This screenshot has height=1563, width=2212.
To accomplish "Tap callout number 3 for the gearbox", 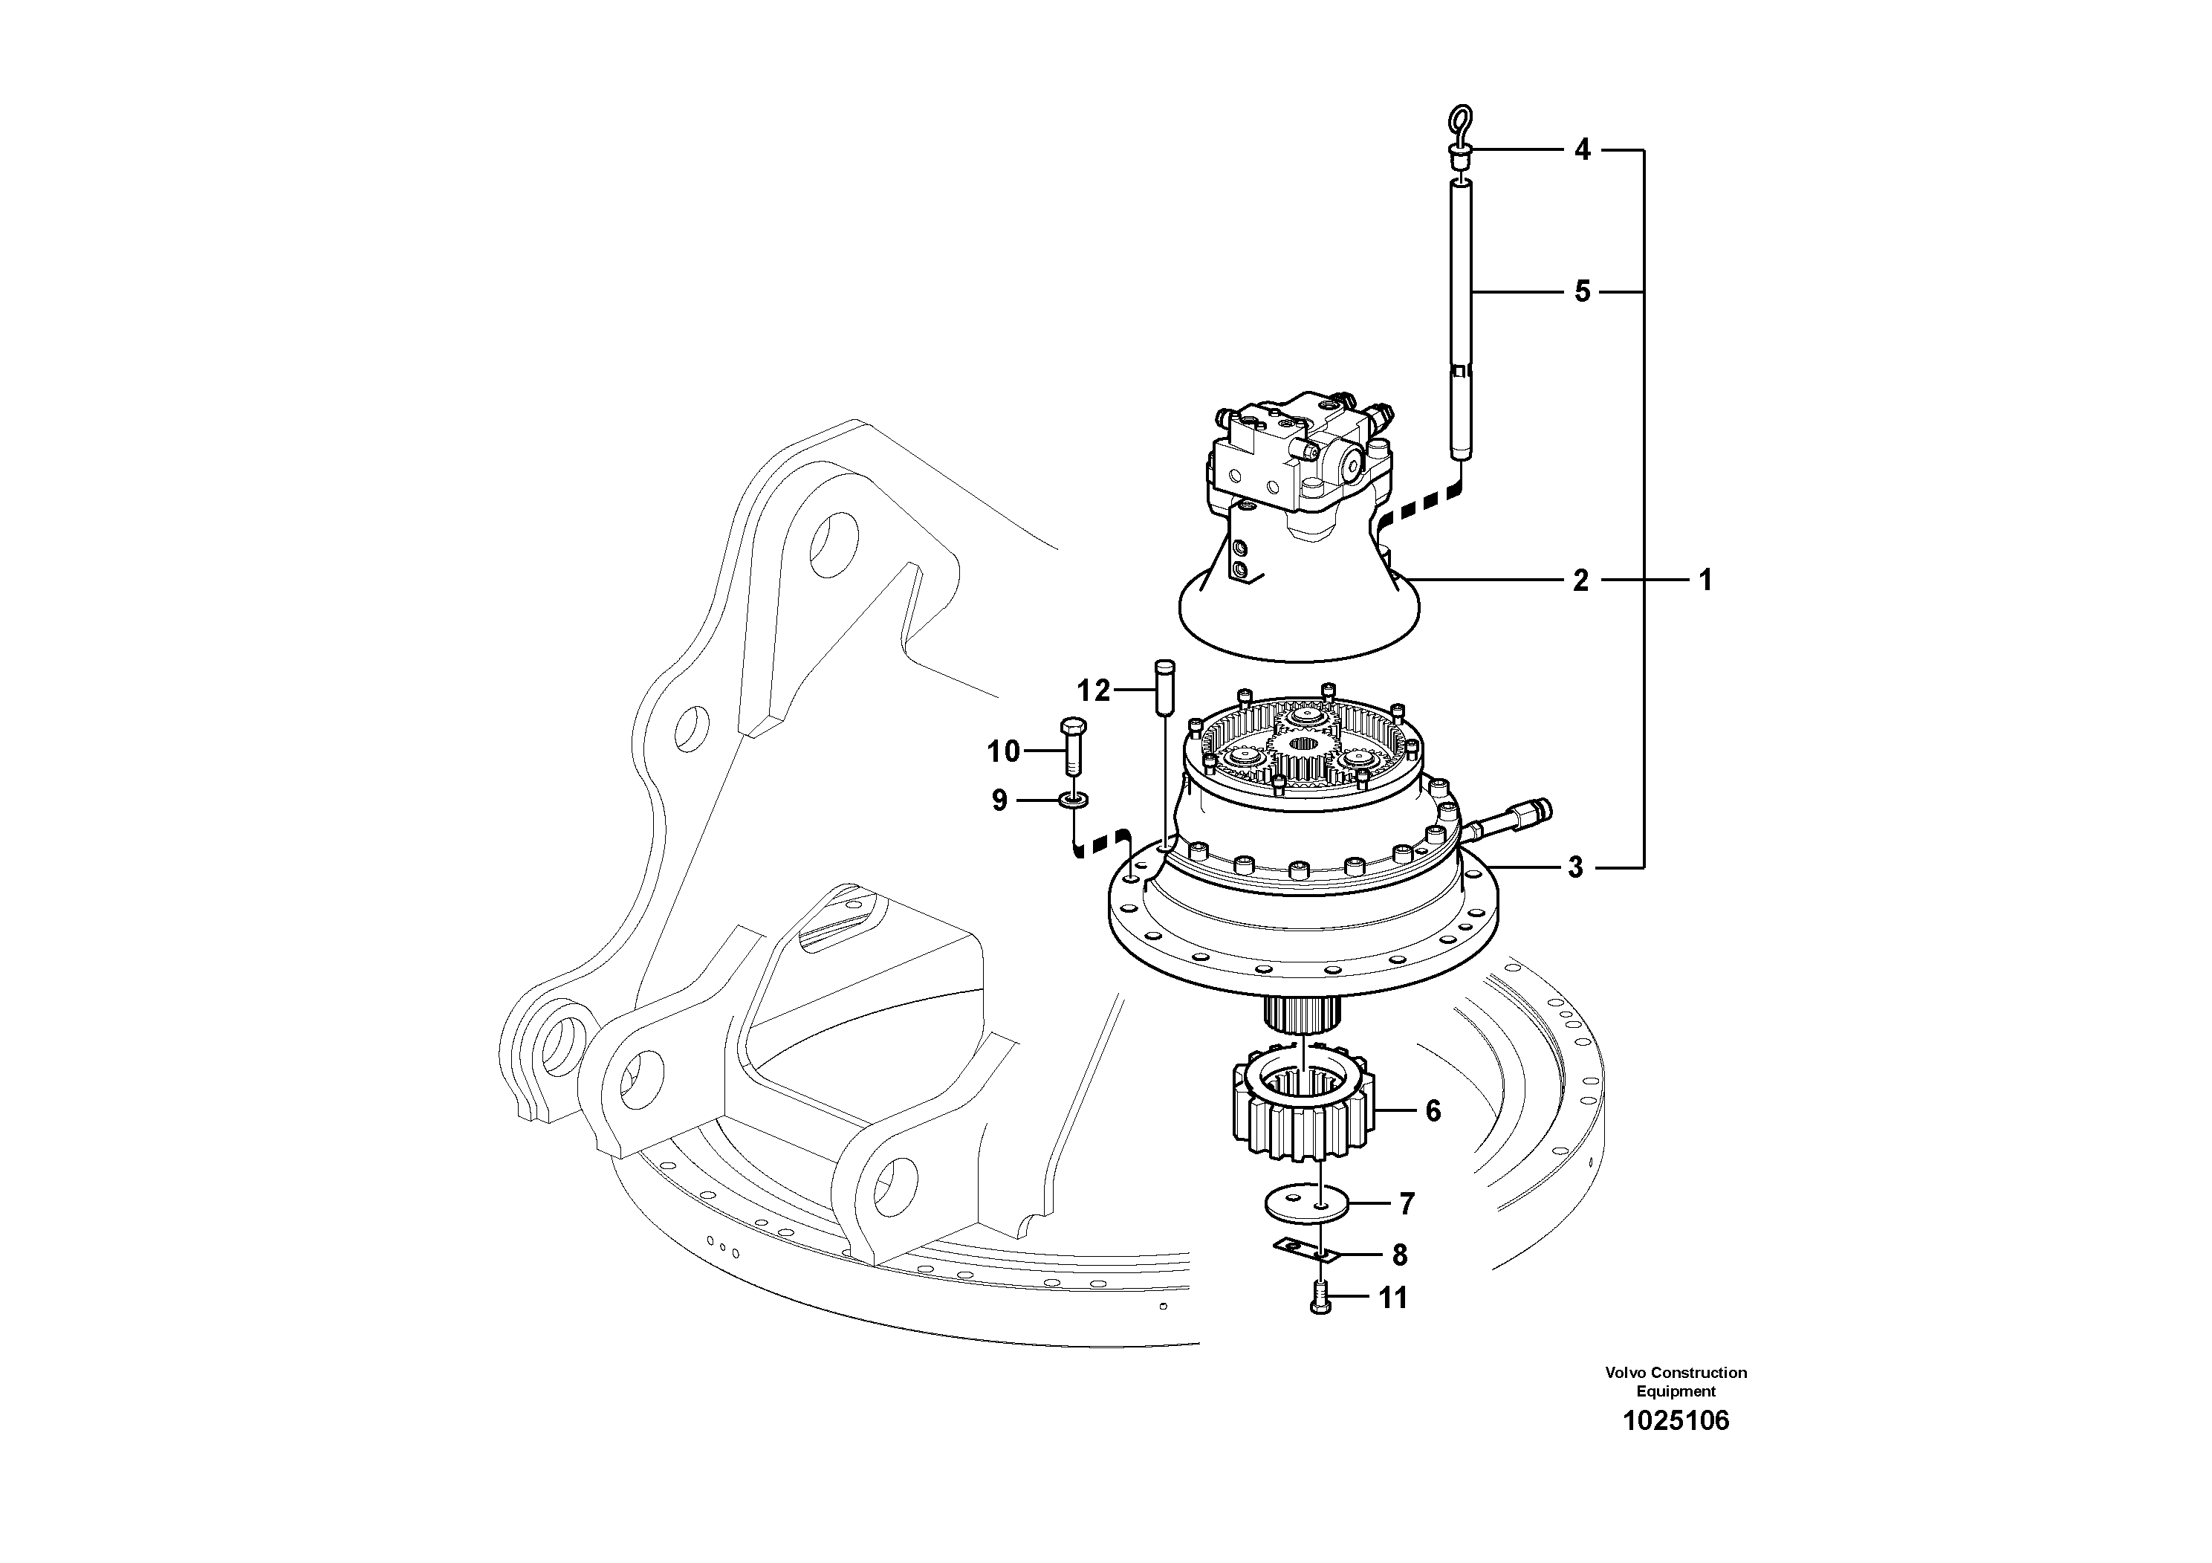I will click(x=1575, y=867).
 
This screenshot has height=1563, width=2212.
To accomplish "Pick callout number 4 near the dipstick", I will click(x=1582, y=149).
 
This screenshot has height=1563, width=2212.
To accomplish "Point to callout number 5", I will click(x=1582, y=291).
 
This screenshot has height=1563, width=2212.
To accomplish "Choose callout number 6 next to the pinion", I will click(x=1433, y=1111).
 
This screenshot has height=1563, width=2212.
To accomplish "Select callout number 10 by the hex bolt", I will click(x=1003, y=751).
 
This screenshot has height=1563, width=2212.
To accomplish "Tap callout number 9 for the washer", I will click(x=999, y=800).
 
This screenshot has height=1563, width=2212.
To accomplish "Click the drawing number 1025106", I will click(x=1676, y=1421).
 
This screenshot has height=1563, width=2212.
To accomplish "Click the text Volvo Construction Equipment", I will click(x=1676, y=1382).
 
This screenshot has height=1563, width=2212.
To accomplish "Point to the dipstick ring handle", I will click(x=1459, y=126).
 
